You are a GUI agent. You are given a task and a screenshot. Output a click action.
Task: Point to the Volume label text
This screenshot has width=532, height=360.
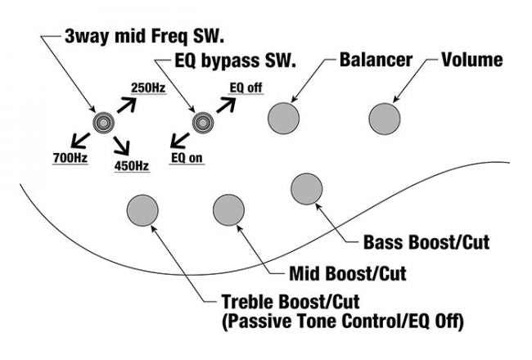pos(472,61)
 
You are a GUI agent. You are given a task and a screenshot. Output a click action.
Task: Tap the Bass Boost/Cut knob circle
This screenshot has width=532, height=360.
pos(306,189)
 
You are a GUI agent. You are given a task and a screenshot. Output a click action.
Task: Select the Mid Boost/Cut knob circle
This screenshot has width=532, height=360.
pos(228,210)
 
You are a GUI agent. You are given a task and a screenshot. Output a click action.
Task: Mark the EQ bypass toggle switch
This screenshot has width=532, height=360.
pos(201,124)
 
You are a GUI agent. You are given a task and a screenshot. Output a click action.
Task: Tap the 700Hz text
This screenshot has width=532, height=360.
pos(70,155)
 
